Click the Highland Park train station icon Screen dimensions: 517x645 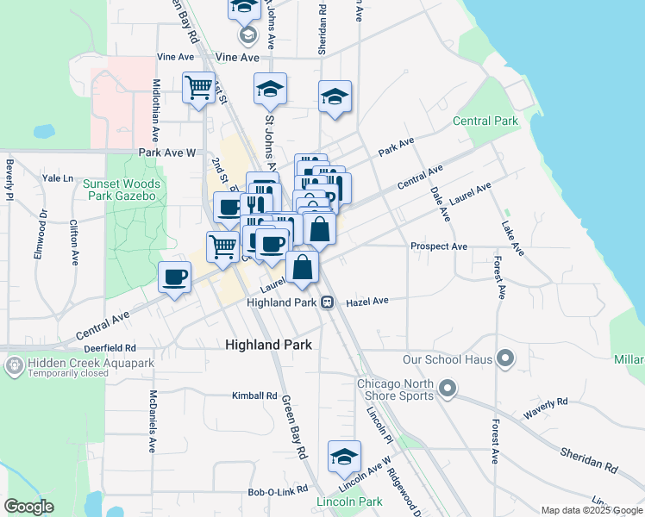328,302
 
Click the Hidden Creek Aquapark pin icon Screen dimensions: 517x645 15,366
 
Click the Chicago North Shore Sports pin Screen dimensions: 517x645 447,389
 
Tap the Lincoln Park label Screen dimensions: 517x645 349,501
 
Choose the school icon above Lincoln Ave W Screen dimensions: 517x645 344,458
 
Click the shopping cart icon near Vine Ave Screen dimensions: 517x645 198,88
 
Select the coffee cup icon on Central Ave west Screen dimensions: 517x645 175,277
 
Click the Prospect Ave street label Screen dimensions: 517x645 439,246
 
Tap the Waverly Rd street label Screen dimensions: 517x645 550,402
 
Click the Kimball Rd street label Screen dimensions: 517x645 254,396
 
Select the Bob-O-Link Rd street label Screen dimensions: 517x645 278,492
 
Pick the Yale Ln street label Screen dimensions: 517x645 58,178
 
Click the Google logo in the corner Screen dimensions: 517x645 29,507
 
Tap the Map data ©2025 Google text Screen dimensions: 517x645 592,510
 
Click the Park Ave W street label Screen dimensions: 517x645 167,153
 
